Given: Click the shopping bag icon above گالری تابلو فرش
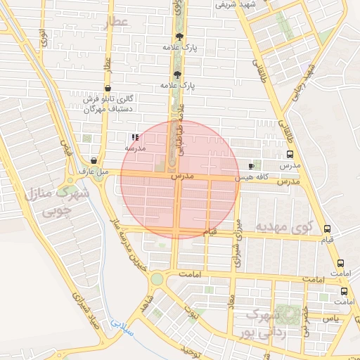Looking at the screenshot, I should click(107, 89).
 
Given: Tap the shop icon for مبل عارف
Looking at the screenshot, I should click(94, 161).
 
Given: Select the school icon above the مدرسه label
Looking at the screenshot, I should click(134, 138).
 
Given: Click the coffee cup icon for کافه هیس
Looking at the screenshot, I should click(252, 166).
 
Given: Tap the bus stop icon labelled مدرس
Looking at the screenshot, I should click(290, 155).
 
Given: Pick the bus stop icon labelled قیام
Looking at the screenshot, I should click(327, 229).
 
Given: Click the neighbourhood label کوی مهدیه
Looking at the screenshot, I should click(282, 227).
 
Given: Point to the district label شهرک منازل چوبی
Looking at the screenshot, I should click(58, 201).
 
